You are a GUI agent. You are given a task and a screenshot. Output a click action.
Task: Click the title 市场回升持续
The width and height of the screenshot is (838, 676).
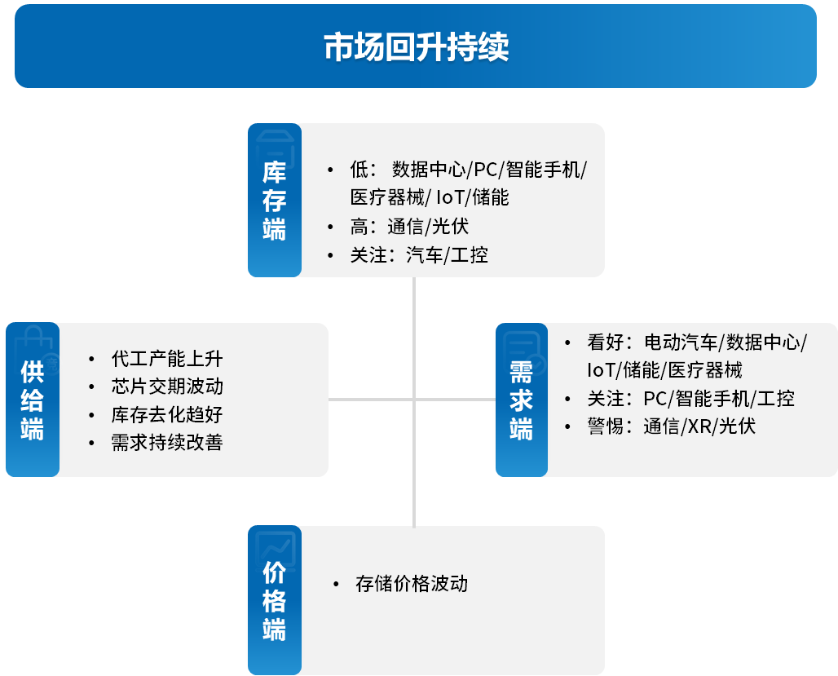tap(416, 46)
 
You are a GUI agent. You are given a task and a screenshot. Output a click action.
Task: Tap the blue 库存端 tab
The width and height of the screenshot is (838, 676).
tap(275, 200)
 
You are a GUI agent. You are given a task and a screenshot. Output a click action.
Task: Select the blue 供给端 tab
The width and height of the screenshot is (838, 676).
tap(33, 400)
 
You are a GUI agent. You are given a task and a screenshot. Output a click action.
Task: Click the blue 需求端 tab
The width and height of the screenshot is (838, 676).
tap(522, 400)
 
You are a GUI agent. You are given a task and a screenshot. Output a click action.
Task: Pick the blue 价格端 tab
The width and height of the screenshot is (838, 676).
tap(275, 600)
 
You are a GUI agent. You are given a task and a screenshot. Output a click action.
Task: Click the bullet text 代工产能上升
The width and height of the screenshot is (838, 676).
tap(167, 359)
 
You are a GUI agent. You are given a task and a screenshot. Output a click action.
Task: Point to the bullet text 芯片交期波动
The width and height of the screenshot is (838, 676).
tap(167, 387)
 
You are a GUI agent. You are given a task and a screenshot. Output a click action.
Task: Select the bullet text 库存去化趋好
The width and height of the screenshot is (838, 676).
tap(167, 414)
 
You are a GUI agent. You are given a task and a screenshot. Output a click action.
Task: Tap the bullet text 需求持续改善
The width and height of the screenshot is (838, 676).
tap(167, 442)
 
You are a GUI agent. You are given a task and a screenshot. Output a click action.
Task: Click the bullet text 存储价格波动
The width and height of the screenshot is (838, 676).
tap(412, 584)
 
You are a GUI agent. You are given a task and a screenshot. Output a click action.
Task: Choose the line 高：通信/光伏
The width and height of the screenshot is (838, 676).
tap(409, 227)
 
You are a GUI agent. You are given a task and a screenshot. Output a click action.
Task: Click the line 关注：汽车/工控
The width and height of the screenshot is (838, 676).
tap(419, 255)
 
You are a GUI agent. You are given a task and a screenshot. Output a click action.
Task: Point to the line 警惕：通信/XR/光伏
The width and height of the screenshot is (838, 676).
tap(671, 426)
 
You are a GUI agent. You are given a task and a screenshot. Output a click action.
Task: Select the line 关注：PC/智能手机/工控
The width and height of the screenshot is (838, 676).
tap(690, 399)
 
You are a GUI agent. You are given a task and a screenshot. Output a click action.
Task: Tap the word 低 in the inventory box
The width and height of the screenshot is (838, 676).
tap(359, 170)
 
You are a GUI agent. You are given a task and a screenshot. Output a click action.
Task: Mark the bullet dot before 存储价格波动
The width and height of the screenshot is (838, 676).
tap(336, 584)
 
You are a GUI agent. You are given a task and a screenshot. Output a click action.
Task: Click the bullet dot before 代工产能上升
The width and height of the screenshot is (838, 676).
tap(91, 360)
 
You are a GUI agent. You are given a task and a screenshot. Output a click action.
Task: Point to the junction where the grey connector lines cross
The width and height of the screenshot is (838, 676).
tap(414, 400)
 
